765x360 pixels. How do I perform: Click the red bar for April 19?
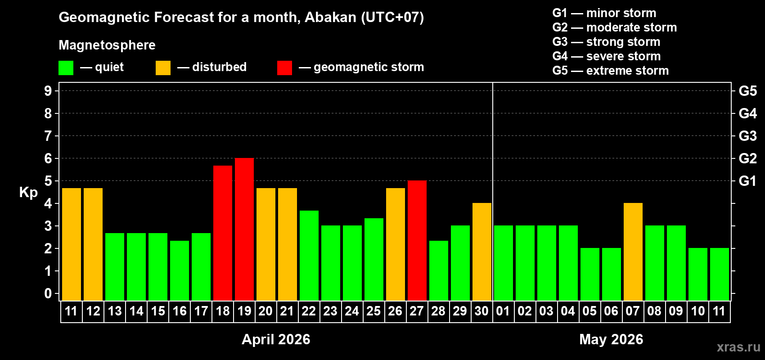click(244, 229)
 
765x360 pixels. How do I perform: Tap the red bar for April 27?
click(417, 240)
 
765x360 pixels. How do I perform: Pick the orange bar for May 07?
click(633, 252)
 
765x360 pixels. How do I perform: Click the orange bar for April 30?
click(482, 252)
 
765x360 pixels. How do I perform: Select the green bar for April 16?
click(180, 270)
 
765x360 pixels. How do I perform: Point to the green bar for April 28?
click(439, 270)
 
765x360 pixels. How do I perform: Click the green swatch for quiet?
click(66, 68)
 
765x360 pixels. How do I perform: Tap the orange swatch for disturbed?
click(163, 68)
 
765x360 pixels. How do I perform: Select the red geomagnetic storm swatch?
click(284, 68)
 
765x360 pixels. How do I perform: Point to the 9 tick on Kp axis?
click(48, 91)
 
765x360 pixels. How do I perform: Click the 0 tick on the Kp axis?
click(48, 293)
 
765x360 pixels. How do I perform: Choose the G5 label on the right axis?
click(747, 91)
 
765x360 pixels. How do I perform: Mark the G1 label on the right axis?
click(747, 181)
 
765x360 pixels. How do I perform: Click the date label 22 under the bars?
click(309, 311)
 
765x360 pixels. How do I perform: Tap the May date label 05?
click(589, 311)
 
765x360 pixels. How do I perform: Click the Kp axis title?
click(28, 192)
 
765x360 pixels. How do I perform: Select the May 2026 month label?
click(611, 339)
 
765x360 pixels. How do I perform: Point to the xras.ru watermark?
click(738, 347)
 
